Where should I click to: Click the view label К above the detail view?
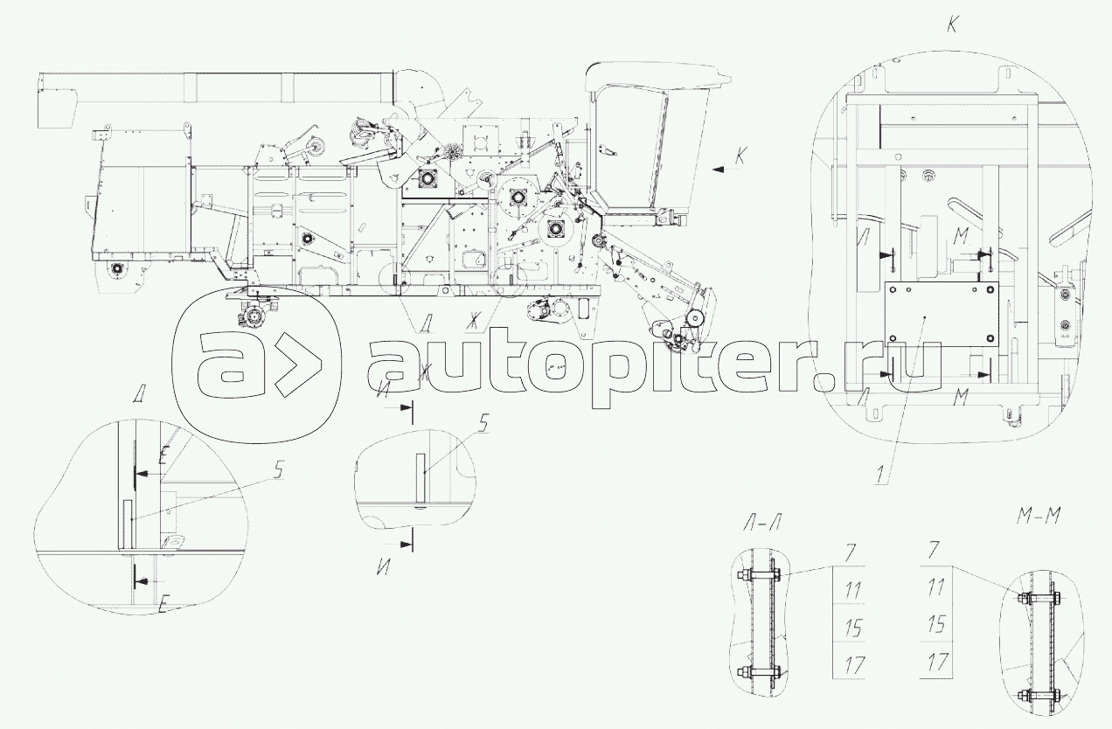click(x=952, y=25)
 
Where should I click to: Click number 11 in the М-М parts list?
click(x=936, y=587)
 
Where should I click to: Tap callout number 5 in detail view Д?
click(x=278, y=470)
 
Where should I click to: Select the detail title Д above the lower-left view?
click(x=138, y=395)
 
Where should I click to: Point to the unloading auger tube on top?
click(x=219, y=87)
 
